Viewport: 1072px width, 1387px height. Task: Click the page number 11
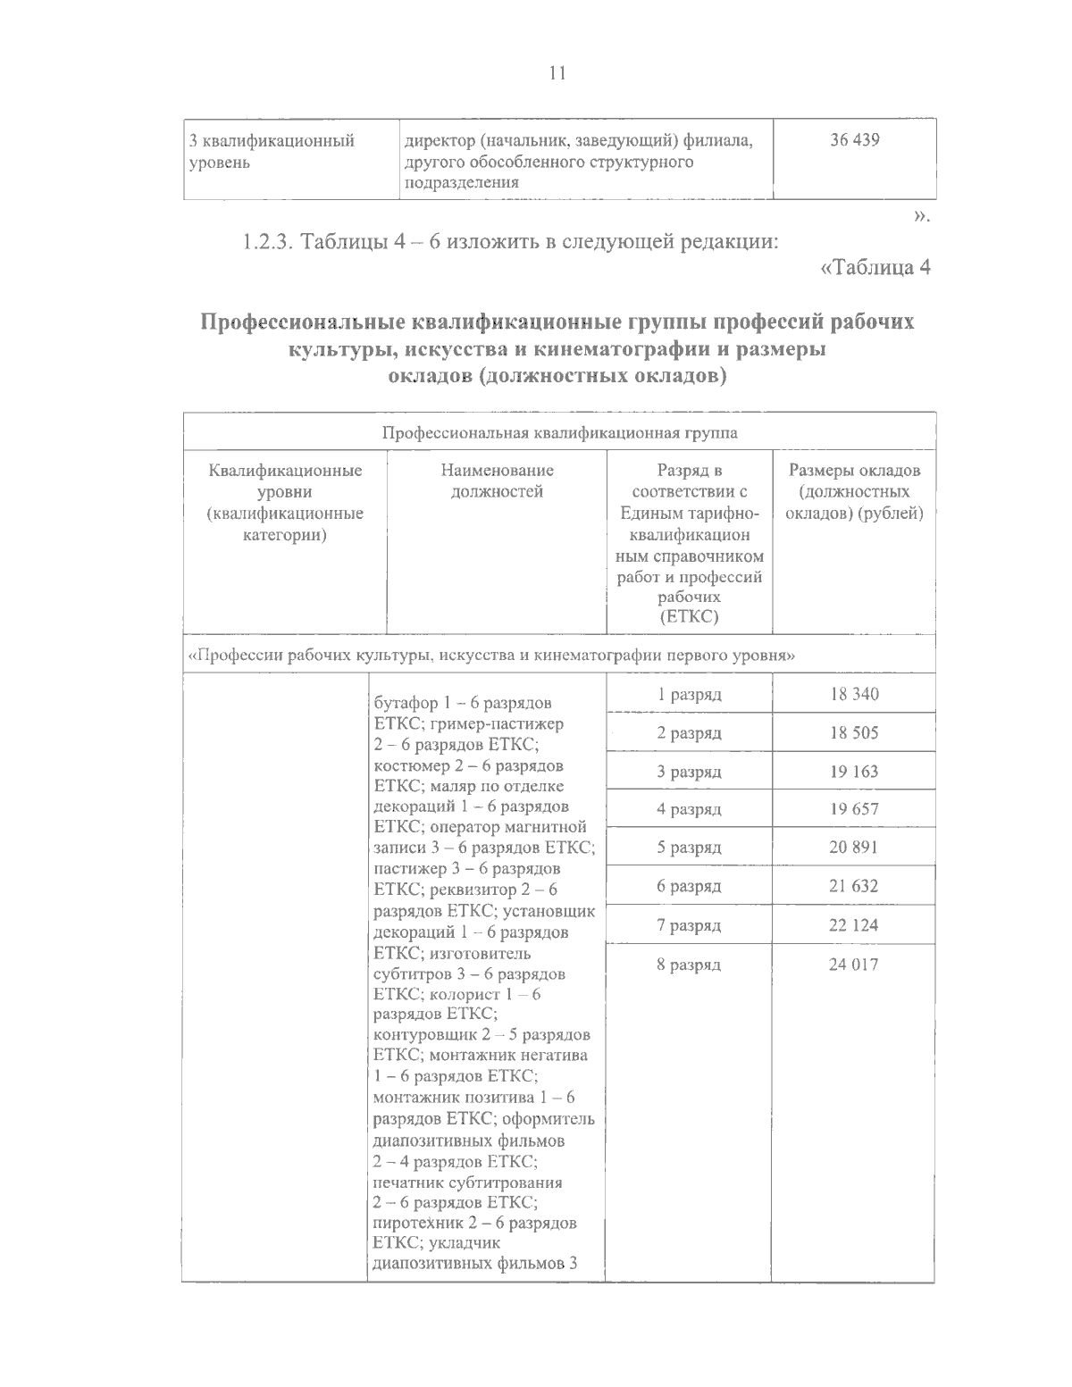coord(557,73)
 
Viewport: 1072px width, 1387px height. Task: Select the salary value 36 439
coord(854,141)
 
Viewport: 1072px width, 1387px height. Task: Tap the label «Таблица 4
coord(875,267)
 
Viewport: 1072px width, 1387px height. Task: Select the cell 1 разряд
coord(689,694)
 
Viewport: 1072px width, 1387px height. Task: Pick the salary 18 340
coord(854,694)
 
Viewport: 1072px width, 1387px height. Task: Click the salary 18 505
coord(854,733)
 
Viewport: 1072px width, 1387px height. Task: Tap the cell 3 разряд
coord(689,772)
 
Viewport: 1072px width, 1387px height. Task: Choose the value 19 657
coord(854,809)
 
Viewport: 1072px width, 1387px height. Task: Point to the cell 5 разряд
coord(689,848)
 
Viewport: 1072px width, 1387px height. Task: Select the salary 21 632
coord(854,886)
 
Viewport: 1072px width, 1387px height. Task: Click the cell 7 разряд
coord(689,925)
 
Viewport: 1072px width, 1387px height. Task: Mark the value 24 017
coord(854,965)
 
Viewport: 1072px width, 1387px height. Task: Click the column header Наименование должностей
coord(497,480)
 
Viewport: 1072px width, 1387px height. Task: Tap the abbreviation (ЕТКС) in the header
coord(689,617)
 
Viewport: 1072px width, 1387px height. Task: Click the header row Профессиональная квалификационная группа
coord(560,434)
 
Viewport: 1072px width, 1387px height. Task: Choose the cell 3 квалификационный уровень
coord(272,152)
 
